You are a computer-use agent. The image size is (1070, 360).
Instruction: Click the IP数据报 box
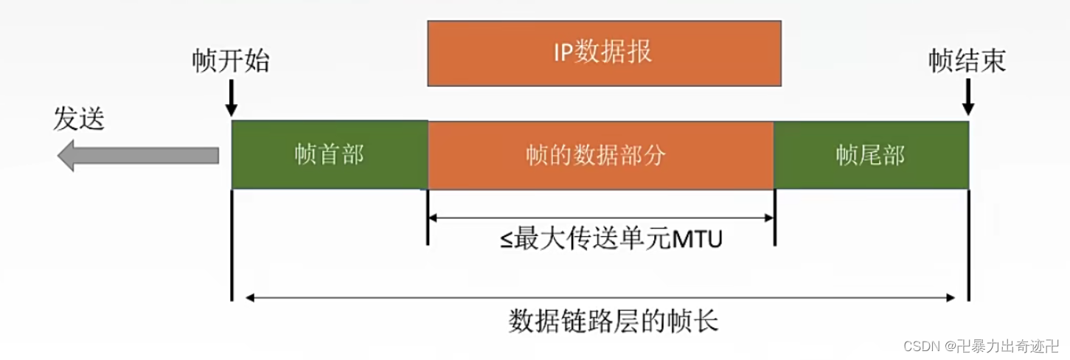604,53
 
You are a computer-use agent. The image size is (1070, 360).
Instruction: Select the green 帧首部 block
329,155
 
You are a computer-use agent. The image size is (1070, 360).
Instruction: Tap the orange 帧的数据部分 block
600,155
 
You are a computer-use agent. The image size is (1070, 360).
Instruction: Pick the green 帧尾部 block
870,155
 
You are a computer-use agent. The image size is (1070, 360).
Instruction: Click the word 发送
79,118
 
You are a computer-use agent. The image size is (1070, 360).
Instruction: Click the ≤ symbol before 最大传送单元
508,240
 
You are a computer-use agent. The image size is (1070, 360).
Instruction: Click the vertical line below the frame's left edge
232,243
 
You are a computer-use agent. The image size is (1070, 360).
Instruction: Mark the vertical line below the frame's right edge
968,243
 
